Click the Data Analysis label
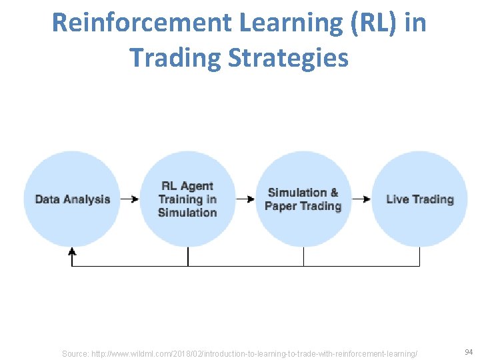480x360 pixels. [72, 199]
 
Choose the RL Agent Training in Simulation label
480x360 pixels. [187, 199]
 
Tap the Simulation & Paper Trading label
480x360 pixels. [303, 199]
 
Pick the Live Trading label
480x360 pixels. [420, 199]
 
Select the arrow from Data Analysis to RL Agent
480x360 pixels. [130, 199]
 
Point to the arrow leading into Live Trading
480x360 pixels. [361, 199]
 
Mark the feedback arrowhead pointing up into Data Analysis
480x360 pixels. [72, 252]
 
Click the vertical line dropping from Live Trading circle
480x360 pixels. [419, 257]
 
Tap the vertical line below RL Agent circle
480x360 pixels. [188, 257]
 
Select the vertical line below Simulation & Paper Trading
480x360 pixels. [304, 257]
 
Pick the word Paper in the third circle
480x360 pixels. [279, 206]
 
